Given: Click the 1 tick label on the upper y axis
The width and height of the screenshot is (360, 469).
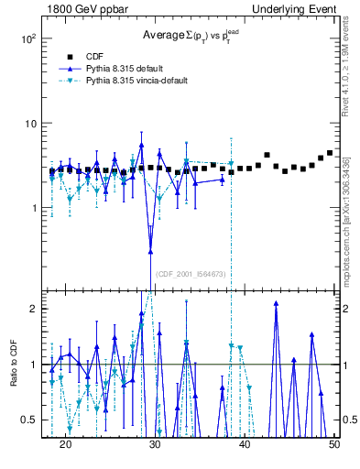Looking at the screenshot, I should coord(34,208).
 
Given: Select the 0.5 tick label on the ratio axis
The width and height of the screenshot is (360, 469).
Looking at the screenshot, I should coord(29,420).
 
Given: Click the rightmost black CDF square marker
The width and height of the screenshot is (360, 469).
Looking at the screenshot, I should coord(330,153).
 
